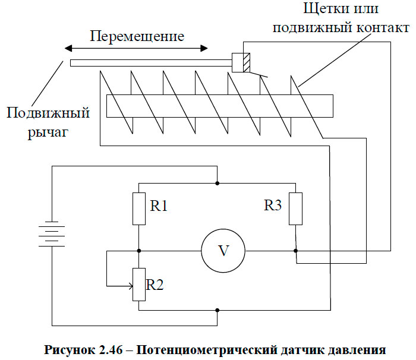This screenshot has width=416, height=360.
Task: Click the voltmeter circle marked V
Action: (x=223, y=251)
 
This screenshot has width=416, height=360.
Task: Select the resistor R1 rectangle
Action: (x=138, y=209)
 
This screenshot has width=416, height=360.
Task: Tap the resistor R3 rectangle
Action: (x=295, y=209)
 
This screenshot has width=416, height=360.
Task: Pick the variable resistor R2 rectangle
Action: (x=138, y=285)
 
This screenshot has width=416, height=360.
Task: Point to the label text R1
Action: (x=159, y=206)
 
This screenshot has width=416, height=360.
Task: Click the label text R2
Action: (x=155, y=284)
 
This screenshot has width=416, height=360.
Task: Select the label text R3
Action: (x=273, y=206)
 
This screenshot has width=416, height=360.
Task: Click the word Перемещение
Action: (x=137, y=35)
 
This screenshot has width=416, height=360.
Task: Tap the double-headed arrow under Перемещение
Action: (x=137, y=48)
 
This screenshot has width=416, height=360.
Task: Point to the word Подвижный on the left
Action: (x=48, y=113)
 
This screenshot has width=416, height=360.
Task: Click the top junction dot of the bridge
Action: (x=217, y=182)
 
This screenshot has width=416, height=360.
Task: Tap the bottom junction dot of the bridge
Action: (x=217, y=310)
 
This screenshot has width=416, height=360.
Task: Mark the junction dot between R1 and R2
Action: (x=138, y=251)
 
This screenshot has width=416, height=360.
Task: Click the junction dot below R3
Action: (x=295, y=251)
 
